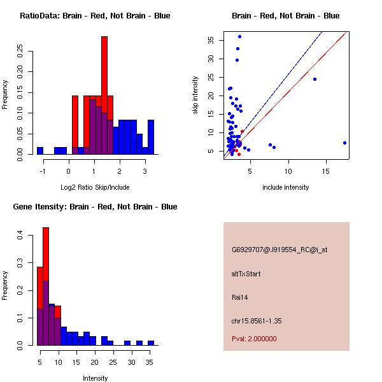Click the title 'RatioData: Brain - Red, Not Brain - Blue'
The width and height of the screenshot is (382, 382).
point(95,16)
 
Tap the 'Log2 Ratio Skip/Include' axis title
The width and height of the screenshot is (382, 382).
point(95,187)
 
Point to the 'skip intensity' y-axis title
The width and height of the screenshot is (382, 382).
point(195,95)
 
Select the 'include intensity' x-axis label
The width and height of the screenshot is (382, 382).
point(285,187)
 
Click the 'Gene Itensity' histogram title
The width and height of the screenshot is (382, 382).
point(95,207)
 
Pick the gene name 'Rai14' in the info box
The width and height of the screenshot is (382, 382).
point(241,297)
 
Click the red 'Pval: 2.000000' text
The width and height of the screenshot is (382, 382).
point(254,339)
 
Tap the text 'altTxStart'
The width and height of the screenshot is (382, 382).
point(246,274)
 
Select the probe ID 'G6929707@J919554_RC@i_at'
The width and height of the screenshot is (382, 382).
point(279,250)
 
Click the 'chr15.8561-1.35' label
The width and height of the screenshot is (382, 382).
point(257,321)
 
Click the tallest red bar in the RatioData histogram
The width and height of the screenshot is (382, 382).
point(104,95)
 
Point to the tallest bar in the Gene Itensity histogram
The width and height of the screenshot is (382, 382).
point(46,286)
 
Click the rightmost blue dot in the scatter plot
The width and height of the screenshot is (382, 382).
point(344,143)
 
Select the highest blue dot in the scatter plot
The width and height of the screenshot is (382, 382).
point(239,36)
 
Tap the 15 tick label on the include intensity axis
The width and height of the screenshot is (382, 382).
point(326,171)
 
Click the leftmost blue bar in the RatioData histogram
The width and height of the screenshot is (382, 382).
point(40,151)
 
